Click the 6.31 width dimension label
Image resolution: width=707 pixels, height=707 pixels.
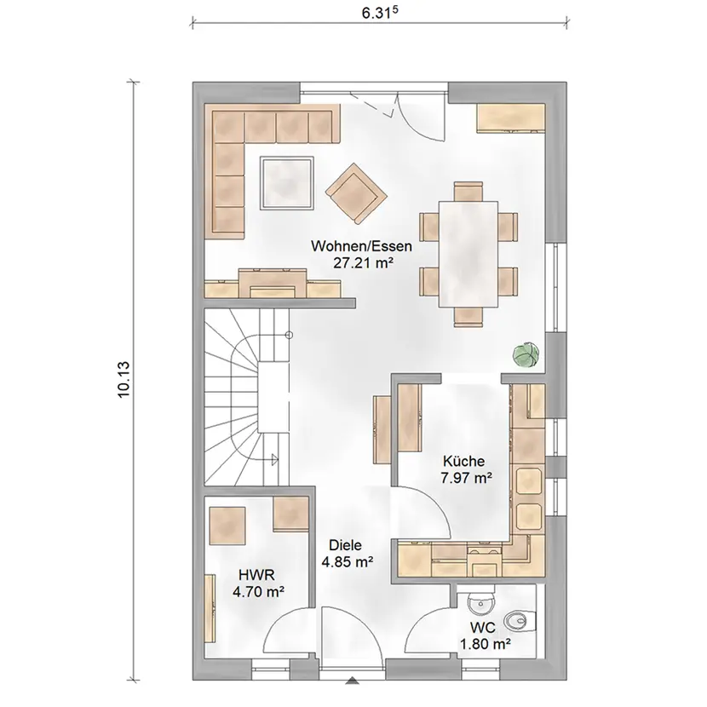tap(380, 13)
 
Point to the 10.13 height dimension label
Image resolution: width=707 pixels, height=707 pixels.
tap(124, 379)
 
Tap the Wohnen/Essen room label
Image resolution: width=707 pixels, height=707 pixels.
tap(361, 246)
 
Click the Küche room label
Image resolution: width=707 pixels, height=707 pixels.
tap(463, 461)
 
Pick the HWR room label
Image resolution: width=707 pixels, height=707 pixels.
tap(256, 575)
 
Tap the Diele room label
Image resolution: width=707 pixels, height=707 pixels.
tap(345, 545)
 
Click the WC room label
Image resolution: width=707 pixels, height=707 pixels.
tap(482, 627)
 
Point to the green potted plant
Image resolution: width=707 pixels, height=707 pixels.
tap(526, 354)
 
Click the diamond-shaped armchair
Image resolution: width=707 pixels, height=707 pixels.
tap(356, 193)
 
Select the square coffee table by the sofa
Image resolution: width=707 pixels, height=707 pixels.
tap(287, 183)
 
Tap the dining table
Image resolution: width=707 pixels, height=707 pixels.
tap(468, 254)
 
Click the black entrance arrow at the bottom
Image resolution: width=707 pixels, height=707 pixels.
tap(353, 693)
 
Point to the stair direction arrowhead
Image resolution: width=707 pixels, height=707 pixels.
tap(274, 459)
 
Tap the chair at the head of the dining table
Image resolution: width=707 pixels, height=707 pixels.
tap(468, 191)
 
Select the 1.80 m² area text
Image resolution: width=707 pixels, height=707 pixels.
tap(486, 644)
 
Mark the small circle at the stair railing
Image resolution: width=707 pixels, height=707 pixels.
tap(290, 335)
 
